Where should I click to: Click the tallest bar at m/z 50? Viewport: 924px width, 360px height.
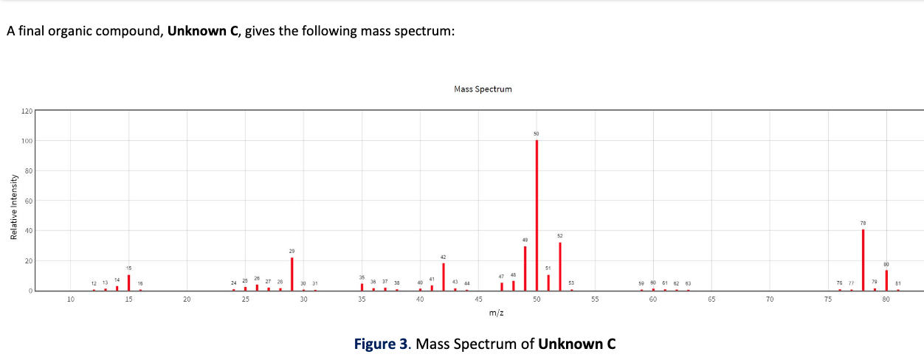point(537,214)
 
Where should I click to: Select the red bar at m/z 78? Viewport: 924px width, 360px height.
point(863,260)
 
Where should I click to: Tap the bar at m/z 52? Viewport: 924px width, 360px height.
point(560,266)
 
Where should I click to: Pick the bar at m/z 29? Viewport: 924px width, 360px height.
point(292,274)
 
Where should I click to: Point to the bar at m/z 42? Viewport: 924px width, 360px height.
point(444,277)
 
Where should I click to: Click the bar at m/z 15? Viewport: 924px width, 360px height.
point(129,283)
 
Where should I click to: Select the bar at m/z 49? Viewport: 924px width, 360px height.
point(525,269)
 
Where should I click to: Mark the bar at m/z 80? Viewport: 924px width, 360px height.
point(886,280)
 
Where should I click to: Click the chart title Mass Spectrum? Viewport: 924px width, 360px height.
point(483,89)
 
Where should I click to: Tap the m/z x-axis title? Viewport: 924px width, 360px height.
point(496,314)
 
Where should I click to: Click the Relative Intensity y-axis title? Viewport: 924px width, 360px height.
point(13,205)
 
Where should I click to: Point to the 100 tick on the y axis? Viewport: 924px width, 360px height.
point(26,141)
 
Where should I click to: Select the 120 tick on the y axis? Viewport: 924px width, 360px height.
point(26,111)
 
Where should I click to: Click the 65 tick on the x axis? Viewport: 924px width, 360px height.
point(711,300)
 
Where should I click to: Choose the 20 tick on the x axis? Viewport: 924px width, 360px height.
point(187,300)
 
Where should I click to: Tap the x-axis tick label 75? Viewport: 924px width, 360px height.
point(828,300)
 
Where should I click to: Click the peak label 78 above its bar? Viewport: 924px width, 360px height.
point(863,222)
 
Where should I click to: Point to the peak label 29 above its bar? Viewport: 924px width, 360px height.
point(292,252)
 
